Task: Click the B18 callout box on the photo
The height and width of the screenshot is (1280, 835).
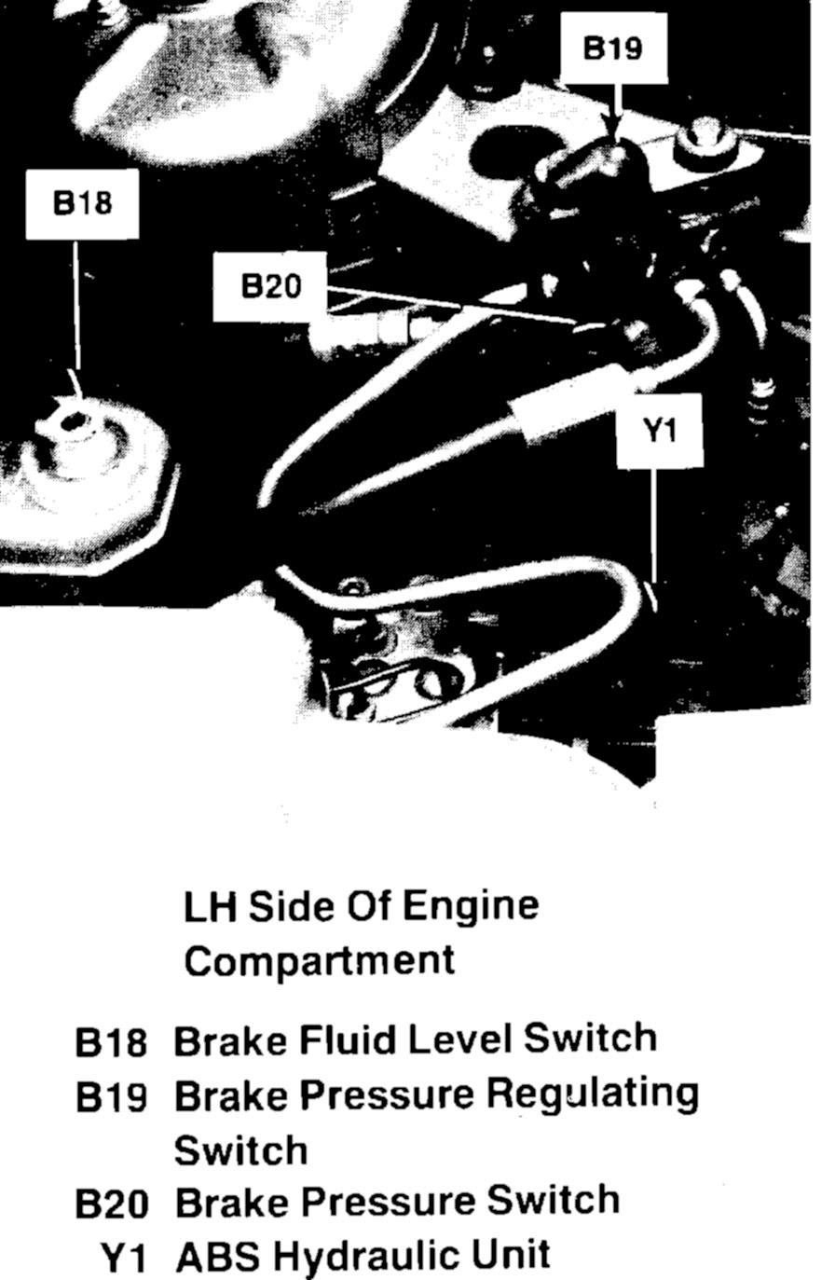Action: click(82, 203)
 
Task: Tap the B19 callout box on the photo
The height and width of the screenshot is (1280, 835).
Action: click(613, 48)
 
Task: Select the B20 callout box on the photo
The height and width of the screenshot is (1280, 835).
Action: click(271, 285)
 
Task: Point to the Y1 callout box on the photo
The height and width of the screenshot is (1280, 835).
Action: click(659, 431)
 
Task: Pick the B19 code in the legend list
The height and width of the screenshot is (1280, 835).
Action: click(111, 1099)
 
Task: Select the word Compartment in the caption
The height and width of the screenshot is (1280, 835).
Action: click(319, 960)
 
